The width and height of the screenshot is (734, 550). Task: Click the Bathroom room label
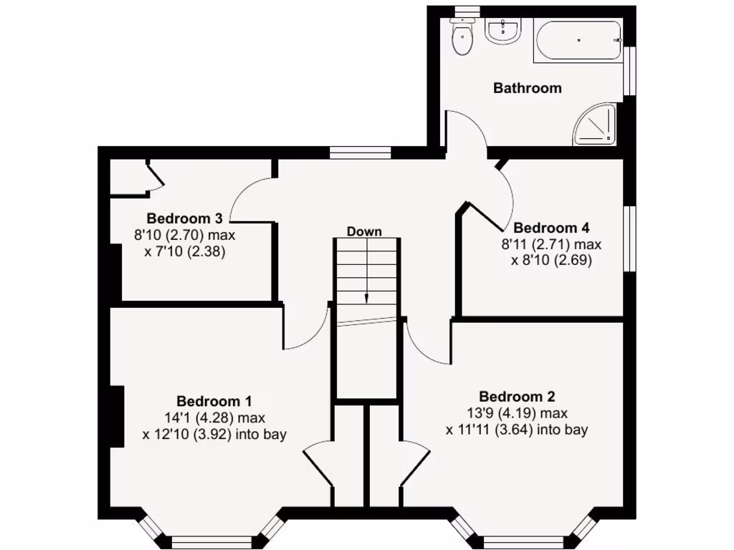click(x=527, y=88)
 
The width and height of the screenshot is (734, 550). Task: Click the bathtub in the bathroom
click(x=578, y=40)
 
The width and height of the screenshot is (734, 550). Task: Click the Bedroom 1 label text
click(x=214, y=401)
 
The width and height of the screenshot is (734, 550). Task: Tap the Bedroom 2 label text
click(x=516, y=397)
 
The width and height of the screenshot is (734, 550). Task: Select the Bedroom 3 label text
click(x=184, y=218)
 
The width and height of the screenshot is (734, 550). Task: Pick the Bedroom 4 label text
click(x=551, y=228)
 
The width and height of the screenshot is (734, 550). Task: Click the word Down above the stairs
click(x=364, y=231)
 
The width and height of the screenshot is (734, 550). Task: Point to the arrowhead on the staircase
click(x=366, y=299)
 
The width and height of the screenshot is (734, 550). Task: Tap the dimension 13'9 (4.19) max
click(x=516, y=413)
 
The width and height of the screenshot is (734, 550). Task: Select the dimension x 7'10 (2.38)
click(x=185, y=251)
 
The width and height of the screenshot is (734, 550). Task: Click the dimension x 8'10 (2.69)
click(x=551, y=261)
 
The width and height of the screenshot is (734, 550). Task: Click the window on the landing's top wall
click(x=360, y=152)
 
